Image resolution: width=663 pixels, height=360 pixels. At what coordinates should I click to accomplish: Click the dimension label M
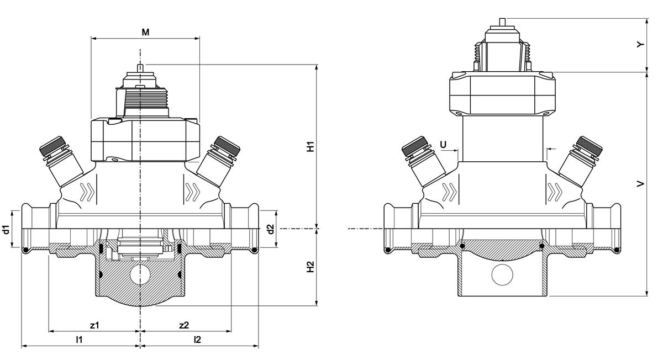click(x=145, y=32)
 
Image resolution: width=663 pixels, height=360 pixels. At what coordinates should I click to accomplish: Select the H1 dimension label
click(x=310, y=147)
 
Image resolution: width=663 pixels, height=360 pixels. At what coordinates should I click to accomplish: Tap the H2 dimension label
click(x=310, y=267)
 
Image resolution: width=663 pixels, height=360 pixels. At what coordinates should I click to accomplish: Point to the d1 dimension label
click(x=7, y=230)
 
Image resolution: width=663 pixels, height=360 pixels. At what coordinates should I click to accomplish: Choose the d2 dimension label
click(x=271, y=229)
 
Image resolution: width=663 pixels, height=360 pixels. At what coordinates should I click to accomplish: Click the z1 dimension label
click(x=94, y=325)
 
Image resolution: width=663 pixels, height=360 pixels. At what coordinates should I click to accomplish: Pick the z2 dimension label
click(x=184, y=325)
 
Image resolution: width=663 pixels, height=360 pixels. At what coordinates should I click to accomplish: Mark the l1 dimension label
click(x=79, y=340)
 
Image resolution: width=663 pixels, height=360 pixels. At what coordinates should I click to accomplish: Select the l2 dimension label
click(x=197, y=340)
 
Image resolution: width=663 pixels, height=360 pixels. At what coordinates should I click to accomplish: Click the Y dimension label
click(x=640, y=45)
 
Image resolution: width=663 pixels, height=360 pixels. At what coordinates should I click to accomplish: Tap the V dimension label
click(x=640, y=184)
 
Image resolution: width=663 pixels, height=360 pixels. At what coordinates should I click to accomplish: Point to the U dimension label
click(x=443, y=145)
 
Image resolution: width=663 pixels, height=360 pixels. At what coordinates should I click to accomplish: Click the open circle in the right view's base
click(x=502, y=275)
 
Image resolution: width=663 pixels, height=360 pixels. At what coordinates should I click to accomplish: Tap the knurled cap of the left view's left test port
click(x=52, y=146)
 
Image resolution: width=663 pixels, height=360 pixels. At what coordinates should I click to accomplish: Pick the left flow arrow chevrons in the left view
click(x=87, y=192)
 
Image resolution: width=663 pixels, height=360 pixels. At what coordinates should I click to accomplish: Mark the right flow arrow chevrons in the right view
click(x=555, y=192)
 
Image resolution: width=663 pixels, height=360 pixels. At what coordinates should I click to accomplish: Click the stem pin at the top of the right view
click(x=502, y=22)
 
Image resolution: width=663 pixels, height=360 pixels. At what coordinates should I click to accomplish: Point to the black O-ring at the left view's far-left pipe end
click(x=26, y=250)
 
